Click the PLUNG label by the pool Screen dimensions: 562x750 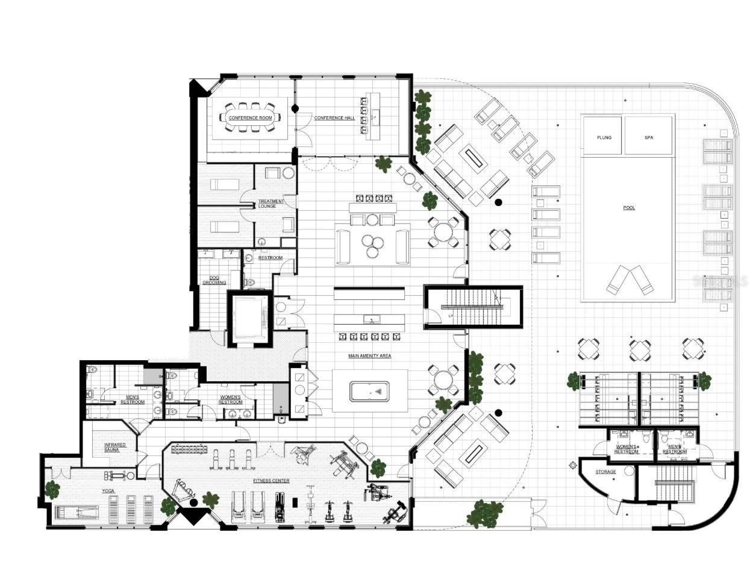pos(604,137)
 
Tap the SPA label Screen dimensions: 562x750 pos(648,137)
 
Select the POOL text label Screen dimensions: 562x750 pos(629,208)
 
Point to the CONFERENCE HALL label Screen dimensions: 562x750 pos(334,118)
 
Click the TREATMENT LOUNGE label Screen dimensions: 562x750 pos(267,204)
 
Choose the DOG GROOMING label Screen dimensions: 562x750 pos(214,280)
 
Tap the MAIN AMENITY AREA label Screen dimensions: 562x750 pos(369,356)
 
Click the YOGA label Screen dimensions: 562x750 pos(108,491)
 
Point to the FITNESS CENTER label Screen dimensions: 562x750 pos(271,481)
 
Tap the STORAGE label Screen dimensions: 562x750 pos(605,472)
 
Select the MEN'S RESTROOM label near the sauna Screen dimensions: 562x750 pos(132,399)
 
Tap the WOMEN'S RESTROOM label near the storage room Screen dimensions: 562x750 pos(626,449)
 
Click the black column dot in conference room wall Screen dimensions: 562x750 pos(295,108)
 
